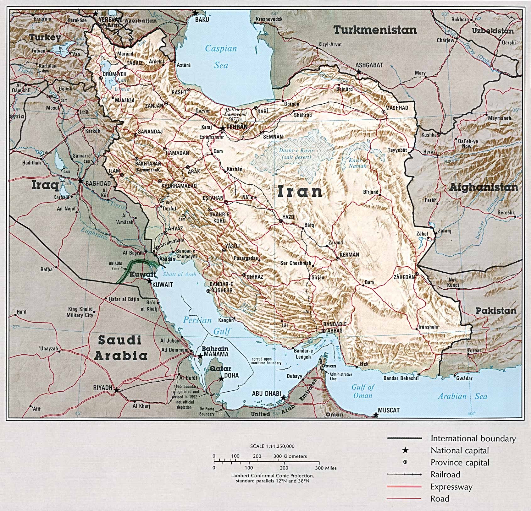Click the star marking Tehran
tap(223, 128)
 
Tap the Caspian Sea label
tap(221, 57)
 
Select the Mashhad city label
tap(397, 108)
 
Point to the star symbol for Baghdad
tap(80, 181)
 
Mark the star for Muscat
tap(376, 415)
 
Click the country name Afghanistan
tap(484, 188)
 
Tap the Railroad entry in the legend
tap(445, 475)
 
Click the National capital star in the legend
tap(406, 450)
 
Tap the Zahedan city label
tap(404, 278)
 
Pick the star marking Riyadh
tap(116, 390)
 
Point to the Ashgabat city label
tap(369, 65)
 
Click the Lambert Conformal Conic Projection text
tap(272, 476)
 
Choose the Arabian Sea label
tap(462, 396)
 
